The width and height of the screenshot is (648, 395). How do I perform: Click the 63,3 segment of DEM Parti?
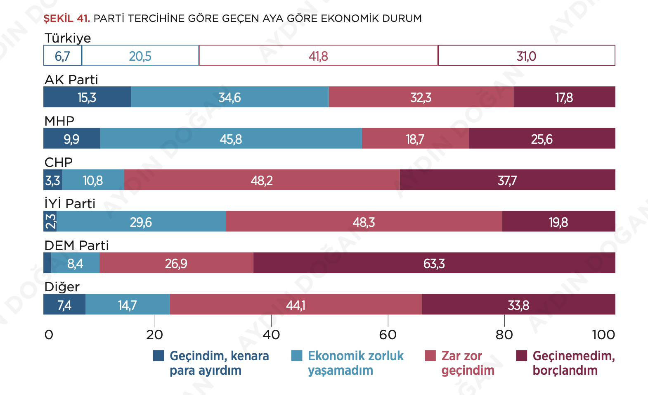434,263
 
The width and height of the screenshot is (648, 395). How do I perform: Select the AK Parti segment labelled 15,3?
87,97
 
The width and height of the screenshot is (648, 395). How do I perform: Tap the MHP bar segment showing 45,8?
231,138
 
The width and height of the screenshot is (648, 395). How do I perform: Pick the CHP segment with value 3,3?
53,180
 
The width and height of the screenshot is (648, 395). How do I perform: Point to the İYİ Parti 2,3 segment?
50,221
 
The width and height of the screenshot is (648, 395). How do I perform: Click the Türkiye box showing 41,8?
318,56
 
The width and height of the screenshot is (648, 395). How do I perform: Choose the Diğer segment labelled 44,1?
296,305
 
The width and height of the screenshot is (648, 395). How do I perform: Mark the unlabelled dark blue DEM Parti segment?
47,263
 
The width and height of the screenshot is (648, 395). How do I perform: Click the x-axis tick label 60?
388,334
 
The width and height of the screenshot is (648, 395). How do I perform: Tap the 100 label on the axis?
603,334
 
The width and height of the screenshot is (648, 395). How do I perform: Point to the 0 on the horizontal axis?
49,334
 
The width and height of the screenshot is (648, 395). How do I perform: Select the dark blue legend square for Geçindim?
158,356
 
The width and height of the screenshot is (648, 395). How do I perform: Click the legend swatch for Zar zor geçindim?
430,356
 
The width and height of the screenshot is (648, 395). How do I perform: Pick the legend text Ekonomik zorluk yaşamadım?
355,363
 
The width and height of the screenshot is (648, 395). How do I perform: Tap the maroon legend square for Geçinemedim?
522,356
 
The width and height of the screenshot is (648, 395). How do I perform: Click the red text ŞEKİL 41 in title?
66,19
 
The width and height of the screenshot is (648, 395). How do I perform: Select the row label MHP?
59,121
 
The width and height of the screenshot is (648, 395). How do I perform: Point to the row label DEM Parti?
76,245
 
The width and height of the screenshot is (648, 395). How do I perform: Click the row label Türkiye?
68,38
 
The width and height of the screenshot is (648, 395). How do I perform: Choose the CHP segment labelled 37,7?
507,180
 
